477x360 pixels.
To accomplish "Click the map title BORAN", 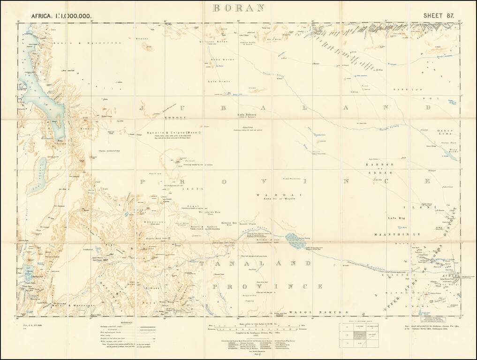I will tap(238, 8).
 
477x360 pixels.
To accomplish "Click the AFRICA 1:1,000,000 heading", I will tap(61, 15).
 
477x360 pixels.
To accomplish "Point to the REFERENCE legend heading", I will tap(127, 322).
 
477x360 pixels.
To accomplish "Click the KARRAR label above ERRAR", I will tap(379, 166).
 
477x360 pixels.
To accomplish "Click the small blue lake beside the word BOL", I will tap(452, 101).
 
